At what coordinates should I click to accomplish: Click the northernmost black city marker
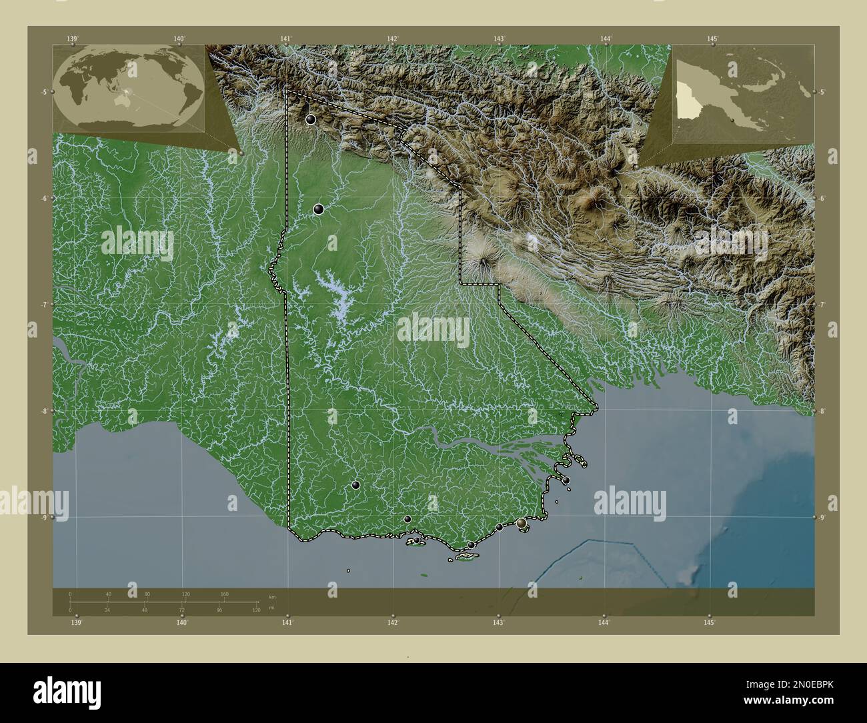(x=311, y=120)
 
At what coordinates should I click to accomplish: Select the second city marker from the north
(x=319, y=209)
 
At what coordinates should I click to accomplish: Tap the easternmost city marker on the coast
(x=566, y=480)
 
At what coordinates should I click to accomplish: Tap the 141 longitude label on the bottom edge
(x=287, y=622)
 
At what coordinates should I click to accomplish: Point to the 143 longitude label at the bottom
(x=498, y=622)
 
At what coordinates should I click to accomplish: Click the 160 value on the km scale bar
(x=225, y=594)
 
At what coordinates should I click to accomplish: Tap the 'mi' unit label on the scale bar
(x=271, y=608)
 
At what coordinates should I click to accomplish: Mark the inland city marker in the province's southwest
(x=356, y=485)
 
